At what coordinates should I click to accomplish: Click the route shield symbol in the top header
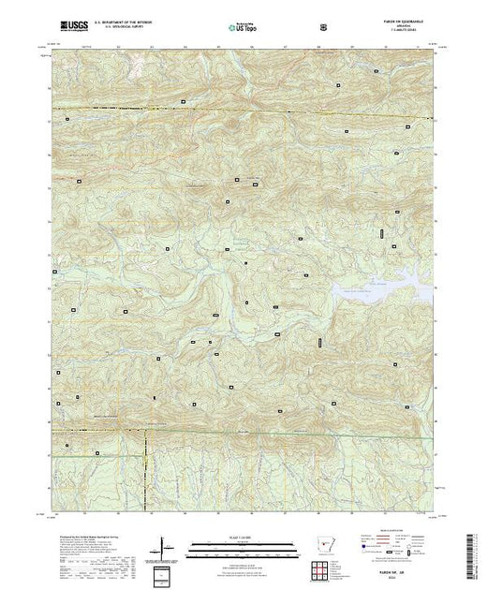pos(323,27)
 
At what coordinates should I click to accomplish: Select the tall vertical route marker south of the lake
pos(318,344)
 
